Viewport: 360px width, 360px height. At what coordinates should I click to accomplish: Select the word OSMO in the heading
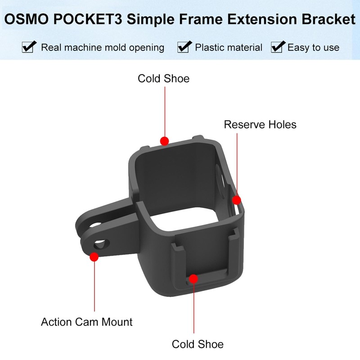click(23, 20)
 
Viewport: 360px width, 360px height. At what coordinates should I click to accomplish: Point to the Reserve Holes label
click(260, 124)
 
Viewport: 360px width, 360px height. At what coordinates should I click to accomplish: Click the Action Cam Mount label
click(87, 322)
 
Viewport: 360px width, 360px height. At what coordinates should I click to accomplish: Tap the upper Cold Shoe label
click(163, 79)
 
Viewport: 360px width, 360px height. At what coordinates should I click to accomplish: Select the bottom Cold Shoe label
click(198, 345)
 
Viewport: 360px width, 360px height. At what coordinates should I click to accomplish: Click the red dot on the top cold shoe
click(165, 141)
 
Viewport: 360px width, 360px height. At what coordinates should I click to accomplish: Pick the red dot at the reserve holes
click(236, 200)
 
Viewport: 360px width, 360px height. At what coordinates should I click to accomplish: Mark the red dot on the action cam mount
click(94, 257)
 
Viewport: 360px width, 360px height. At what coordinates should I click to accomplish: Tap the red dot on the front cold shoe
click(193, 279)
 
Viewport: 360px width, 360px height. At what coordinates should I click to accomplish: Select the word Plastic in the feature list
click(211, 47)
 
